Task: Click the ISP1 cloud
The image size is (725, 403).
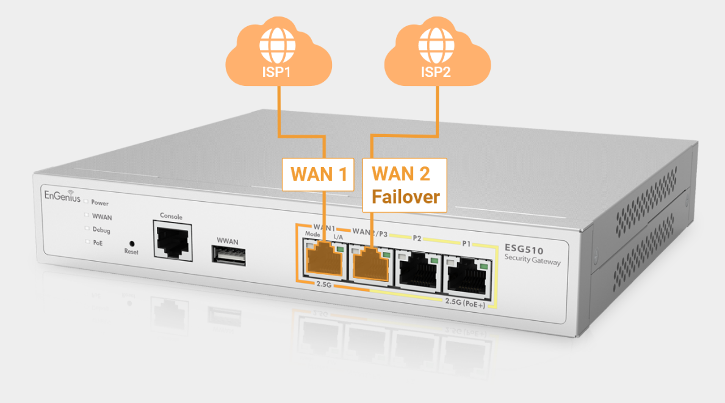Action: click(278, 58)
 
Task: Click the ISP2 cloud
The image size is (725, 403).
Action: click(436, 58)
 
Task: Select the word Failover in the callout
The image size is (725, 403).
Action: click(406, 197)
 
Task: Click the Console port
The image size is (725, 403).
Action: click(171, 242)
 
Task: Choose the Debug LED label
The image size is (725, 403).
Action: click(101, 230)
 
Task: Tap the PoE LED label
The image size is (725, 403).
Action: click(98, 243)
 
